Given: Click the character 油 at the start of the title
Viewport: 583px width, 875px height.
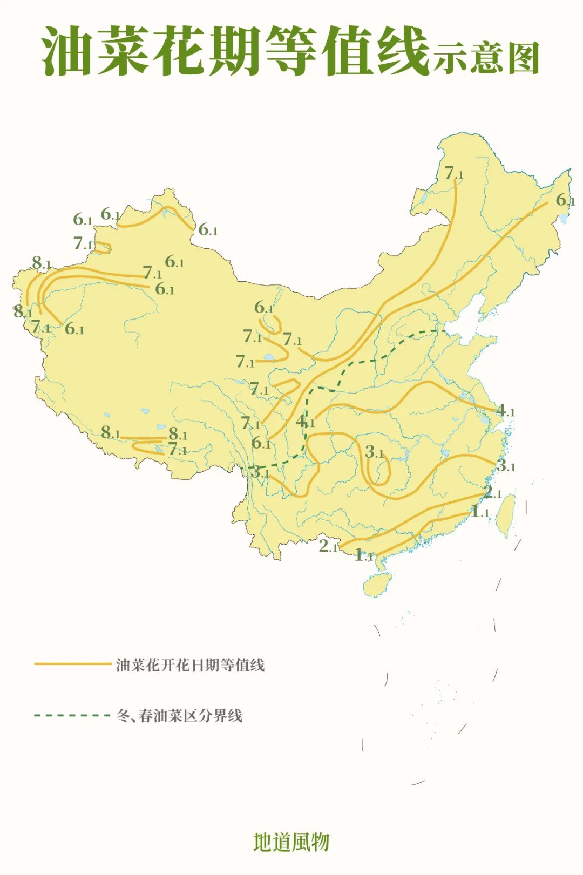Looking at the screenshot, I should (68, 52).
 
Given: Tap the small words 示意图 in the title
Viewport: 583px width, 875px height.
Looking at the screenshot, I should (485, 58).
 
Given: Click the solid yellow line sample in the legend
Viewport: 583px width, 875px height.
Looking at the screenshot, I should (72, 664).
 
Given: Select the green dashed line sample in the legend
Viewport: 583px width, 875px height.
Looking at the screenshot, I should (72, 716).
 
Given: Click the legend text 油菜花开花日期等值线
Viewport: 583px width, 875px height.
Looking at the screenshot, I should (190, 664).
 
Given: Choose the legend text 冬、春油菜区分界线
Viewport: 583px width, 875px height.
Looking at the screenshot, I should (179, 716).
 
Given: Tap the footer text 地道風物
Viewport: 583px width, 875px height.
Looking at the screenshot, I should (291, 842).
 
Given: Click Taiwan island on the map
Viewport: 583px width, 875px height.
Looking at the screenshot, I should (506, 515).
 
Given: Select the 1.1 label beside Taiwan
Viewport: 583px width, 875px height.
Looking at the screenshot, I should (479, 511).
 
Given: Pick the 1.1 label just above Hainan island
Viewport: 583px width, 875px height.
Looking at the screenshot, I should (363, 555).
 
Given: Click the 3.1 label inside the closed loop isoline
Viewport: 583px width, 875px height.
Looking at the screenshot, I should (374, 452).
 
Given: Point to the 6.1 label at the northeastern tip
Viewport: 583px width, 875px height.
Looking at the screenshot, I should (565, 200).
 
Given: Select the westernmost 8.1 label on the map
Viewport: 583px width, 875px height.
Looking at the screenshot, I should (23, 311).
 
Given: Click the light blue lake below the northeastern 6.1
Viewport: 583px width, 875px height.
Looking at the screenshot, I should (564, 219).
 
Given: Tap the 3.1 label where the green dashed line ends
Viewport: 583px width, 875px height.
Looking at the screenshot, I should (260, 472).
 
